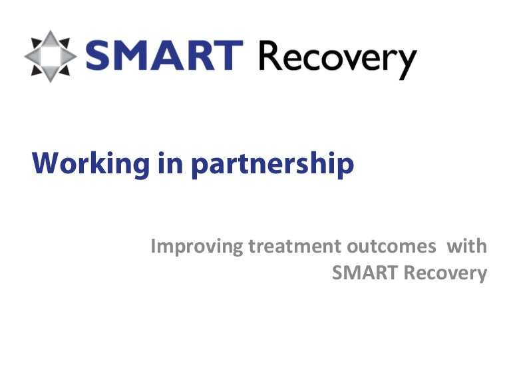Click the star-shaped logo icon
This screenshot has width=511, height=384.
point(51,55)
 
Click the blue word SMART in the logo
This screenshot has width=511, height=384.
point(164,55)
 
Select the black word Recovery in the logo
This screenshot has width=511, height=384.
point(337,58)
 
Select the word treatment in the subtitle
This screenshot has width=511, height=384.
point(295,246)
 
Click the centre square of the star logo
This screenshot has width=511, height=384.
point(51,55)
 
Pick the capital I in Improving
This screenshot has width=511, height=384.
point(154,246)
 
